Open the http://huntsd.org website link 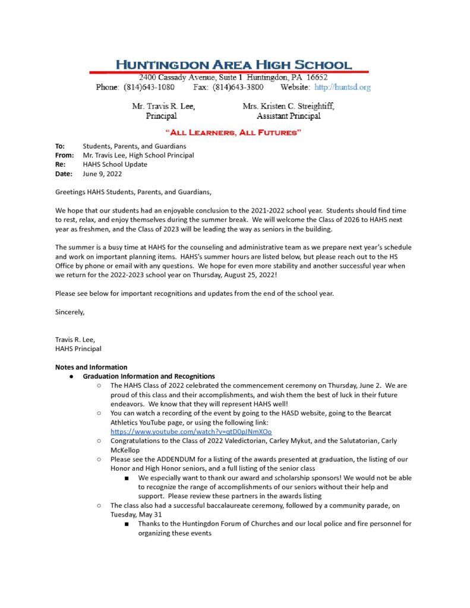tap(342, 87)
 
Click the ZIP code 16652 tap(317, 78)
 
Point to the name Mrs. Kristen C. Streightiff tap(288, 106)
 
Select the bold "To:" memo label tap(60, 146)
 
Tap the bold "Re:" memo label tap(60, 164)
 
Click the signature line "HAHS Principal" tap(78, 349)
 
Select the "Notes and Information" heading tap(91, 367)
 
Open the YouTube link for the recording tap(191, 432)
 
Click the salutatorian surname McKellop tap(128, 450)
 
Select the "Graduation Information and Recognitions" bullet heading tap(149, 376)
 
